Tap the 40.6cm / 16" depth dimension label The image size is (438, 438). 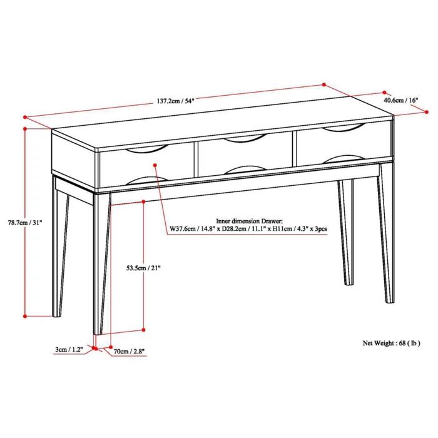pos(404,99)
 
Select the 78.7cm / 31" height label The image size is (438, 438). pos(25,222)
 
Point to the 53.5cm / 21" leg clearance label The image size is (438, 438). pos(126,268)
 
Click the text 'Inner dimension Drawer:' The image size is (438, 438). pos(250,221)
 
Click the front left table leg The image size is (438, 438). pos(101,263)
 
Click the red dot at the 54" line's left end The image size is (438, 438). pos(24,116)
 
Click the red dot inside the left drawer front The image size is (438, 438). pos(155,166)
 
